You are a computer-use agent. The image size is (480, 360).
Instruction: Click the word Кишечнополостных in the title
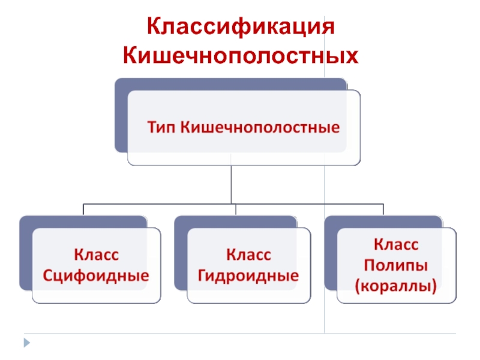(x=240, y=56)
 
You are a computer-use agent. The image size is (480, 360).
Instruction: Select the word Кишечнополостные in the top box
(x=260, y=127)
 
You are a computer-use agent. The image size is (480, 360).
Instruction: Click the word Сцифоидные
(x=96, y=276)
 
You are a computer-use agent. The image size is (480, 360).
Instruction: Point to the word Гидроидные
(x=248, y=276)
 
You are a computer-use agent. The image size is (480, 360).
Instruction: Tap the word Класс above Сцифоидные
(x=96, y=255)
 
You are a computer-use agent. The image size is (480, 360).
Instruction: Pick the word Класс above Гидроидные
(x=248, y=255)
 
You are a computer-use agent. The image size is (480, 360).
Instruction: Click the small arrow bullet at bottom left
(x=26, y=343)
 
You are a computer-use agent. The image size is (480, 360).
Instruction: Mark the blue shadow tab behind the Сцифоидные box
(x=25, y=252)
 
